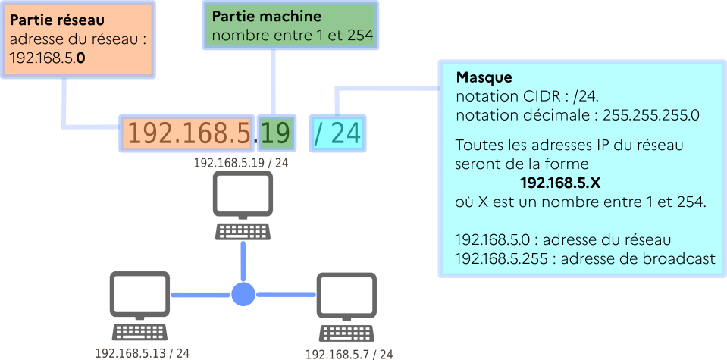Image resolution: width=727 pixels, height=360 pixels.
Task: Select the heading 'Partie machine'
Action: [266, 16]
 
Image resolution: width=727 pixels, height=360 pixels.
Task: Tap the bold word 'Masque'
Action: [484, 78]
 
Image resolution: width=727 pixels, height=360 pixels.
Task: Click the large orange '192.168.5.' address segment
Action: [187, 133]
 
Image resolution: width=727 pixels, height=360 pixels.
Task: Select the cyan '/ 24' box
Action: [337, 133]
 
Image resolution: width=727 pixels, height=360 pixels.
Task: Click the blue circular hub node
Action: [243, 293]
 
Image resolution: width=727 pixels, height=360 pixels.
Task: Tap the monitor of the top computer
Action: [243, 195]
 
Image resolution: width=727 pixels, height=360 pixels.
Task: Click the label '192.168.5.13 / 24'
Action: [142, 353]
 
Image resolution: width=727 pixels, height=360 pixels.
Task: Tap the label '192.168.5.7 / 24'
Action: [349, 354]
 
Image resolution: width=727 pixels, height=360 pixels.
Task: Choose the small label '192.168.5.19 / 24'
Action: [241, 162]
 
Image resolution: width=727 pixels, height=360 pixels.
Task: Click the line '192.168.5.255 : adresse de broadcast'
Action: [584, 258]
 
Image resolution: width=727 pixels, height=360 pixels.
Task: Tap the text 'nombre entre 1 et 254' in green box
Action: [292, 35]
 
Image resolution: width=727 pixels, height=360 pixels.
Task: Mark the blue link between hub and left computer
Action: [201, 294]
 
